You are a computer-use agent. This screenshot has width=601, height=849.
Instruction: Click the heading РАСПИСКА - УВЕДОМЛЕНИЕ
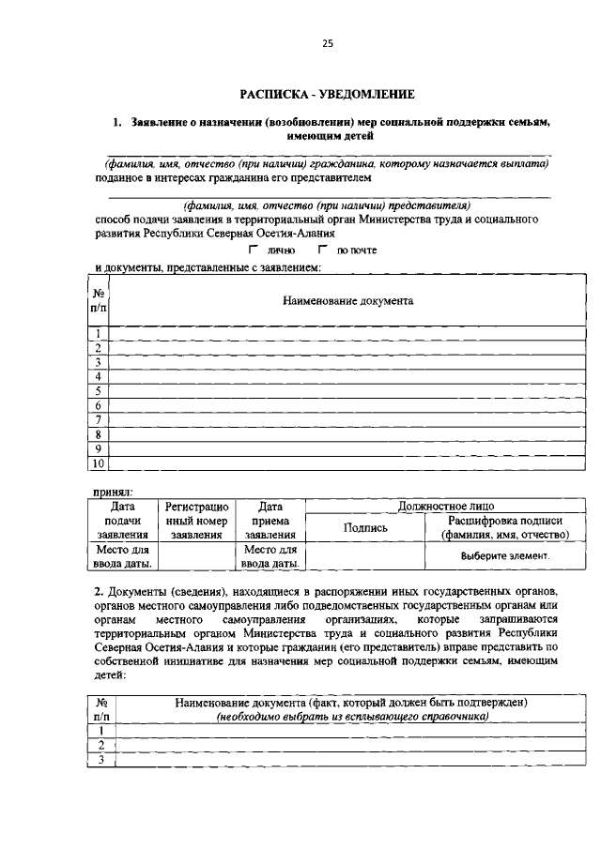click(327, 95)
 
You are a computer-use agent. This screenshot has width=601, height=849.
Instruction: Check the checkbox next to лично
click(253, 250)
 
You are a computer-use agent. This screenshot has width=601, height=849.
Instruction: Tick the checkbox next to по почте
click(322, 250)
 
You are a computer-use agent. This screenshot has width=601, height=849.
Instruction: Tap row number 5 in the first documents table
click(98, 391)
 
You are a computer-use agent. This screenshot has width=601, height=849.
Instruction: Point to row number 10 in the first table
click(98, 463)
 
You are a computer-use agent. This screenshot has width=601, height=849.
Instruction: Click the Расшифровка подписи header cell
click(505, 527)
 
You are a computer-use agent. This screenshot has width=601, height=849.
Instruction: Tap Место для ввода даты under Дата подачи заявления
click(121, 556)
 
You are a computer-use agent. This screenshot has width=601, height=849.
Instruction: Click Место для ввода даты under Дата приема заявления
click(270, 556)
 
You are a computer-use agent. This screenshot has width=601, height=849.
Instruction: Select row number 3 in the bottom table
click(98, 759)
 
